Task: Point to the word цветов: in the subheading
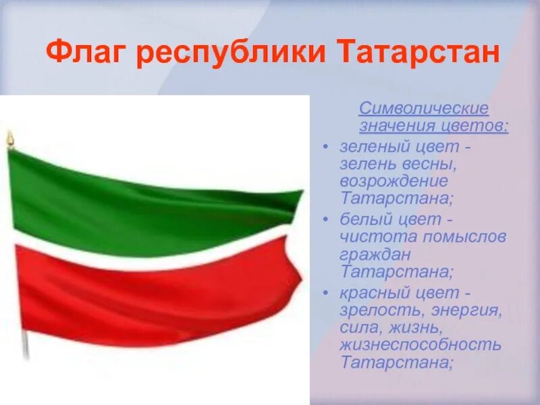coord(477,126)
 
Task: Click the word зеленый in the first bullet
coord(370,146)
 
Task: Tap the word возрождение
coord(394,182)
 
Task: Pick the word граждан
coord(375,254)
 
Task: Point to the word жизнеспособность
coord(421,345)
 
